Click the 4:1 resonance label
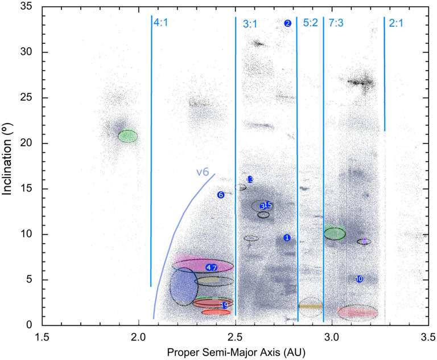click(x=160, y=23)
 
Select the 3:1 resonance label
click(x=250, y=24)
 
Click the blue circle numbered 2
click(x=288, y=23)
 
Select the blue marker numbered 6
click(x=221, y=195)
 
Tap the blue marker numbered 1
click(x=287, y=238)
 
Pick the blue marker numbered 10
click(x=359, y=279)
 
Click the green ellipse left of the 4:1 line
click(x=127, y=136)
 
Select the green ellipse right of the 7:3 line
click(x=335, y=233)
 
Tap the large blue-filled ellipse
click(x=183, y=287)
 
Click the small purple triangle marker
click(x=364, y=242)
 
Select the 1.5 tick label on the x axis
click(x=42, y=336)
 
